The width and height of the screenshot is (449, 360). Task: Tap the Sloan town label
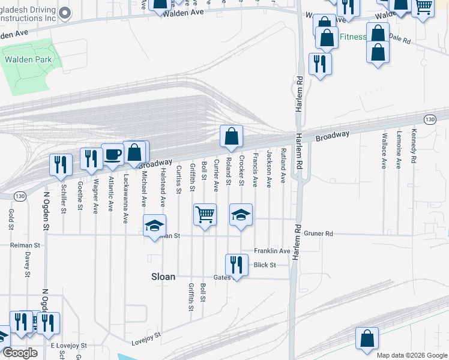tap(163, 277)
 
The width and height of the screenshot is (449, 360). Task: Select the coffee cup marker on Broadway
tap(112, 155)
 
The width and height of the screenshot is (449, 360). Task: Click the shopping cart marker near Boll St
tap(205, 214)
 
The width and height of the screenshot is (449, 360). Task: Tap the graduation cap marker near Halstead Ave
tap(154, 226)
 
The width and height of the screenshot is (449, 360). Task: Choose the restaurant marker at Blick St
tap(237, 264)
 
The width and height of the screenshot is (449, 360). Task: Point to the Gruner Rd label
tap(318, 233)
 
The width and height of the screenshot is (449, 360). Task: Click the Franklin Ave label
tap(272, 251)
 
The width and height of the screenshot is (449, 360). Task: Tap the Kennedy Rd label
tap(413, 147)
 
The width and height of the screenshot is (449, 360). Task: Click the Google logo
tap(20, 353)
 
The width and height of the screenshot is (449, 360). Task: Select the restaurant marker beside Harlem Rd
tap(320, 64)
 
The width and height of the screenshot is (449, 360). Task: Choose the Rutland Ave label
tap(283, 168)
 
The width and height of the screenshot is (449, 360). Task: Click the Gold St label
tap(11, 221)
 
